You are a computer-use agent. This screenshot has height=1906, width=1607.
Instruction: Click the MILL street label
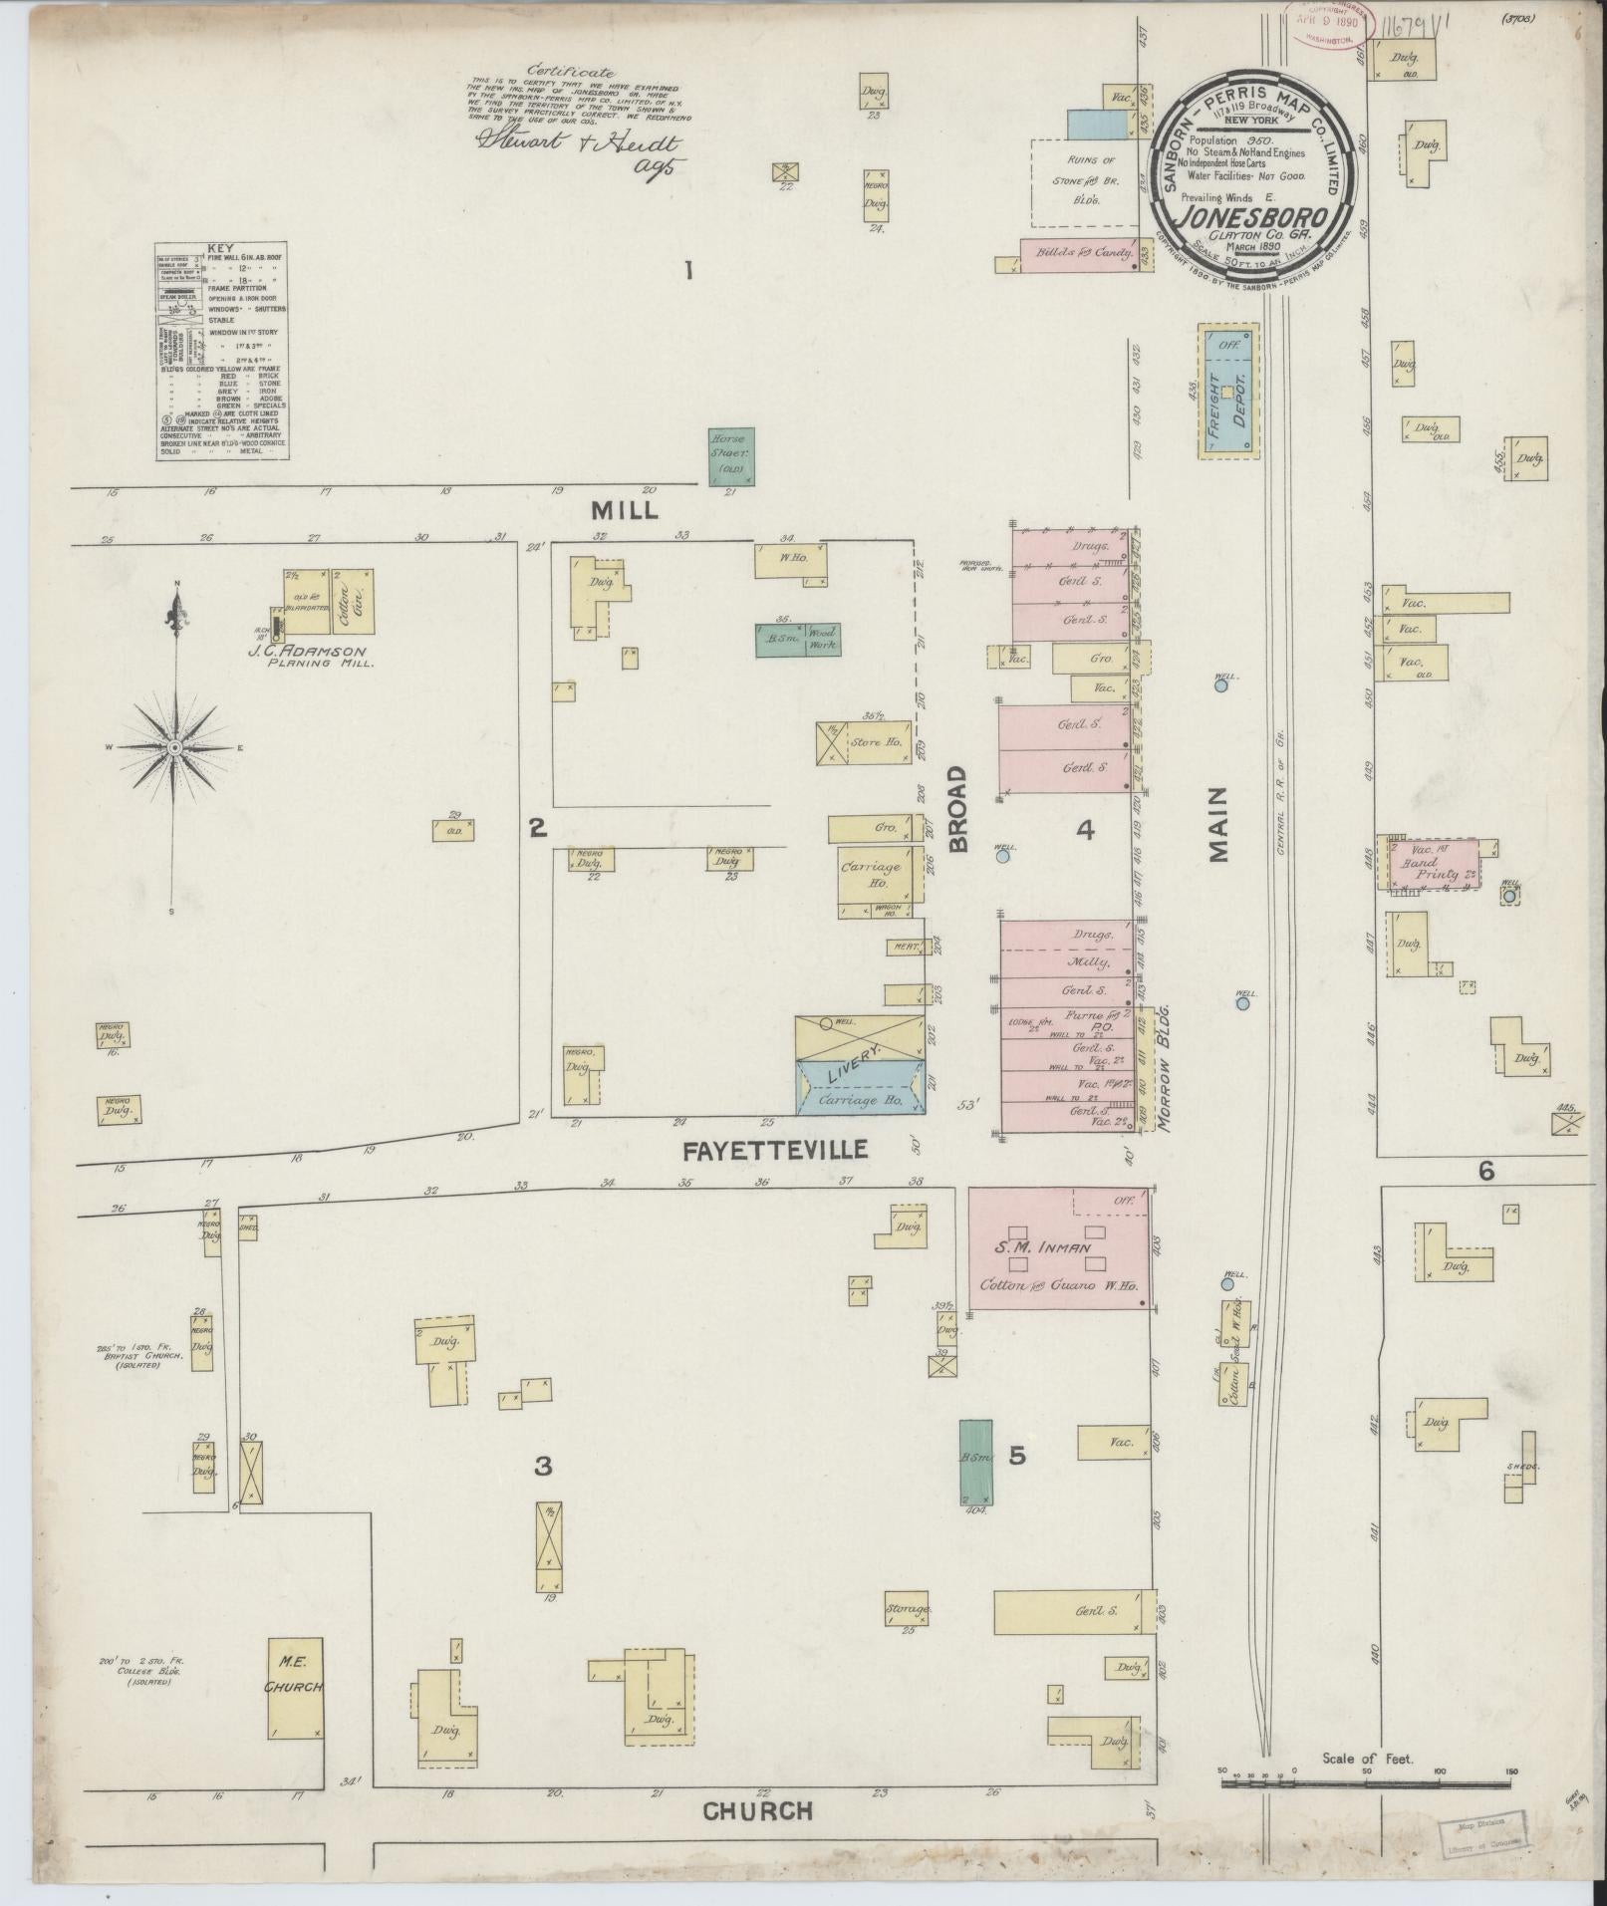pyautogui.click(x=624, y=510)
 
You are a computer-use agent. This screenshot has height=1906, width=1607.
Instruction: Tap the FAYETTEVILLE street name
pyautogui.click(x=775, y=1150)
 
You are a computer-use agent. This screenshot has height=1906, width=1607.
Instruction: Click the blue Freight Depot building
pyautogui.click(x=1227, y=392)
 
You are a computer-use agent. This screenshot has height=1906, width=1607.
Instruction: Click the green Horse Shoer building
pyautogui.click(x=731, y=456)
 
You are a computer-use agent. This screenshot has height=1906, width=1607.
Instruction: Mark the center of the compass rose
pyautogui.click(x=174, y=747)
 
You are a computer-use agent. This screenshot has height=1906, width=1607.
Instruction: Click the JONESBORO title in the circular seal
pyautogui.click(x=1252, y=216)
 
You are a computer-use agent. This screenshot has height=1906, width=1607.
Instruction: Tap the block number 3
pyautogui.click(x=543, y=1466)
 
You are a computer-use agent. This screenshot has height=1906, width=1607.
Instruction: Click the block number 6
pyautogui.click(x=1485, y=1173)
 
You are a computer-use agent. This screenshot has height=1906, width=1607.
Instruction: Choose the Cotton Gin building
pyautogui.click(x=353, y=601)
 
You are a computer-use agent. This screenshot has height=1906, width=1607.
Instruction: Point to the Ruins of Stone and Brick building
pyautogui.click(x=1084, y=181)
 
